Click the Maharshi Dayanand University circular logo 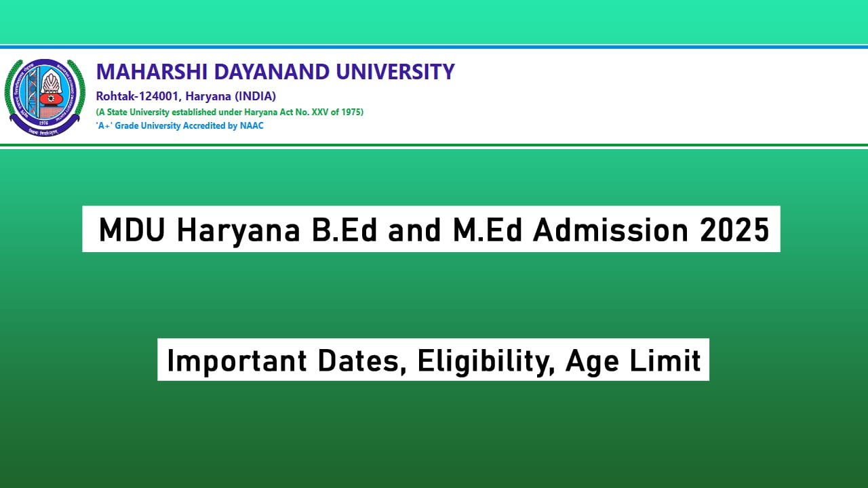(45, 97)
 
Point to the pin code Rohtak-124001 (134, 96)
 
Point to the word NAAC (252, 126)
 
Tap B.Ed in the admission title (341, 230)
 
